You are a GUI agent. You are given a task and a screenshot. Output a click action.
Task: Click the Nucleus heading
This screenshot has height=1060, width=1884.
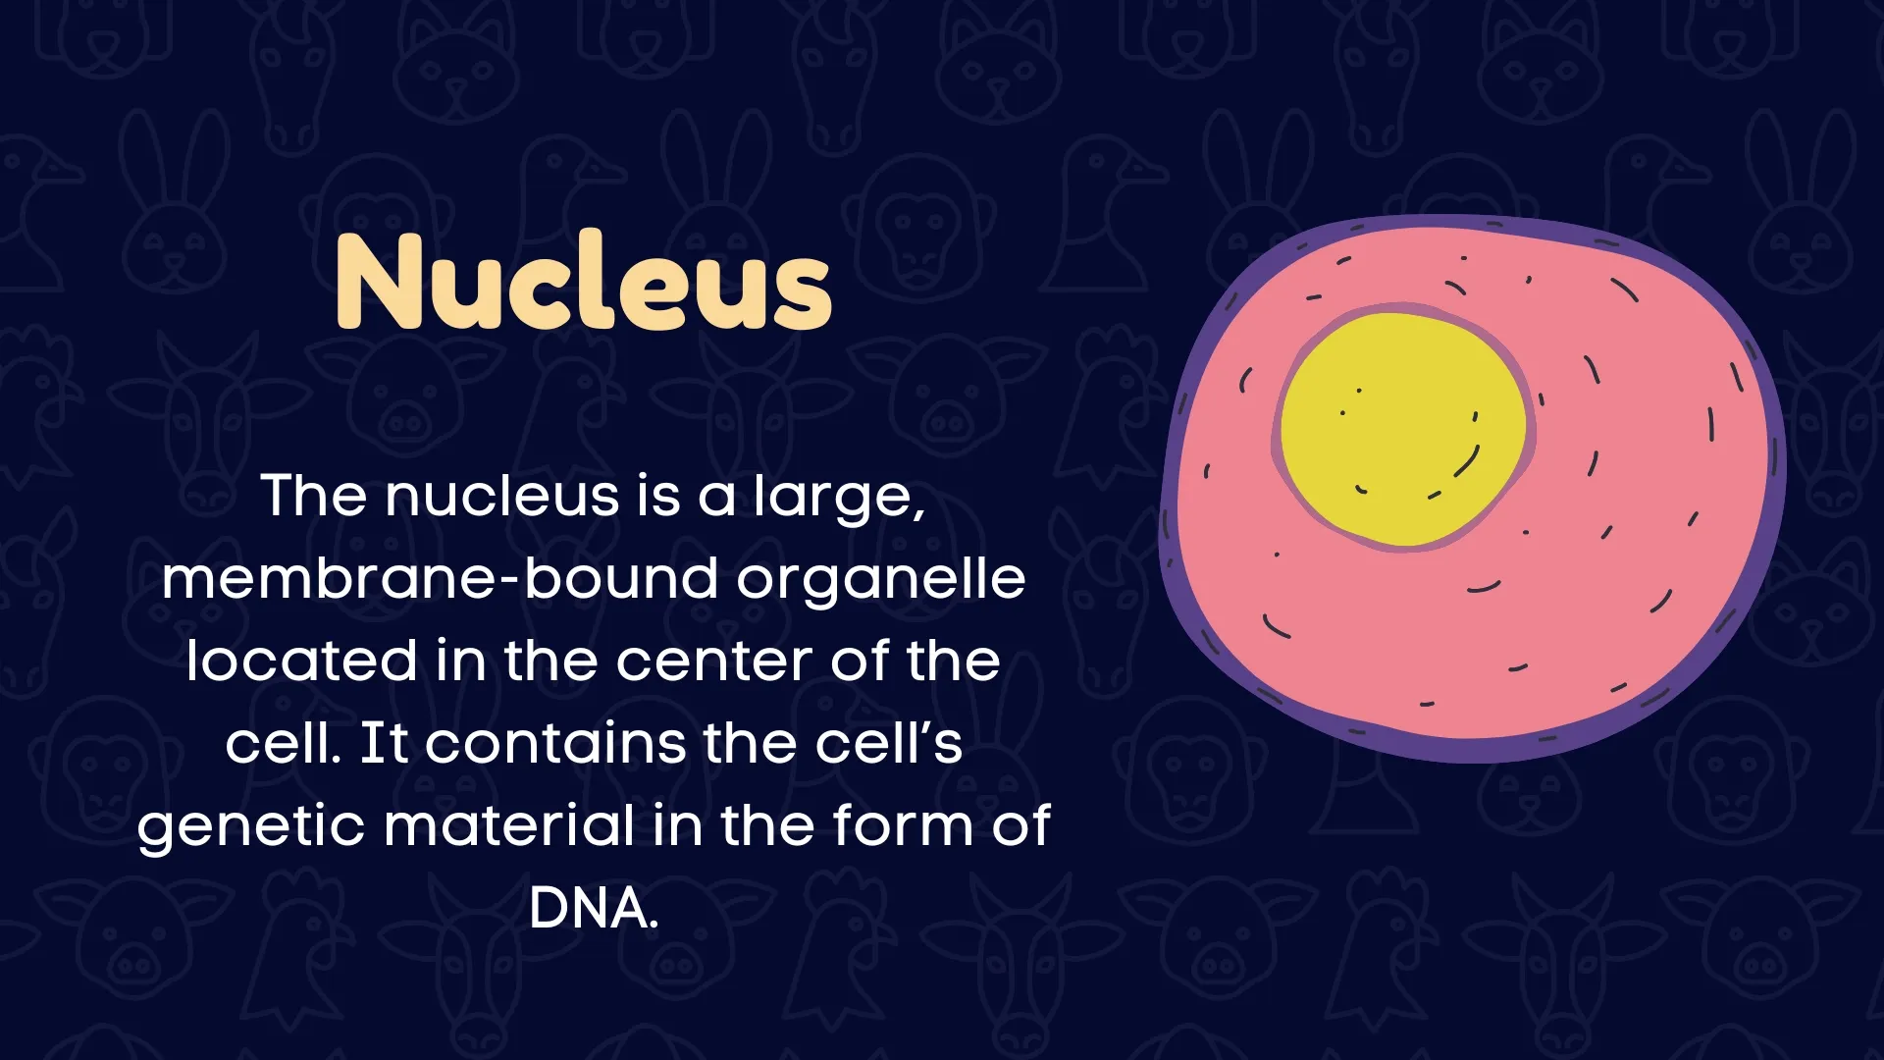pos(584,283)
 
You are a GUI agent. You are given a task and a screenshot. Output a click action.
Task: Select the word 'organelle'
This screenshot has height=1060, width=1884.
pos(881,579)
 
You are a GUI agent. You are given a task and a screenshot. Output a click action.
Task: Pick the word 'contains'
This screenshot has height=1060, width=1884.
pos(555,743)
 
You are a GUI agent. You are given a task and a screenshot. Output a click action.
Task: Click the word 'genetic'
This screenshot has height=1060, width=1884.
pos(251,826)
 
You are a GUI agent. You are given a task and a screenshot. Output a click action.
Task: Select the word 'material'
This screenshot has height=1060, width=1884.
pos(509,826)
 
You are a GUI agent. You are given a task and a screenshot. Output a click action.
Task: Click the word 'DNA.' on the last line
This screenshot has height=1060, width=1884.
pos(593,909)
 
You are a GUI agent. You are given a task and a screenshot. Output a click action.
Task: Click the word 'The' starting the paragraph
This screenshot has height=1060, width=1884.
pos(313,497)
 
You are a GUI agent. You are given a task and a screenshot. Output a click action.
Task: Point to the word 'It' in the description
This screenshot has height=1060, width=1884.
pos(384,743)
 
